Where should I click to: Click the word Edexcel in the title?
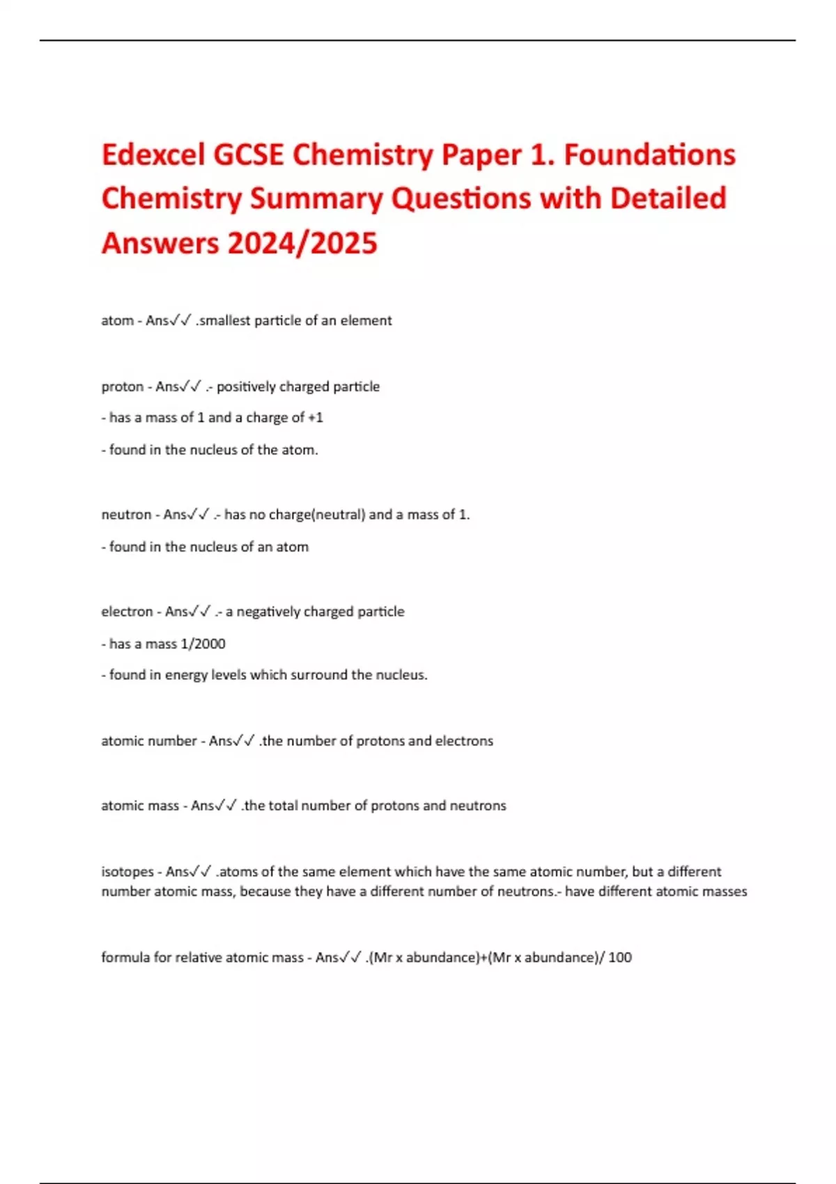click(153, 155)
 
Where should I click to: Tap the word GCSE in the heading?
click(248, 155)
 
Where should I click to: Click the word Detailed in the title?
click(668, 198)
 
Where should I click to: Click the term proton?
click(122, 387)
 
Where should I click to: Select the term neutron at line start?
click(126, 515)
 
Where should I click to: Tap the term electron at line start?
click(127, 612)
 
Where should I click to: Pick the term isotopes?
click(127, 871)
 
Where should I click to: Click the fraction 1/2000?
click(203, 644)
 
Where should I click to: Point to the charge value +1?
click(316, 417)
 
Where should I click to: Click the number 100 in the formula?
click(620, 957)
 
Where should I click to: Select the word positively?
click(246, 387)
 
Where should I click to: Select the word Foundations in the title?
click(649, 155)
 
